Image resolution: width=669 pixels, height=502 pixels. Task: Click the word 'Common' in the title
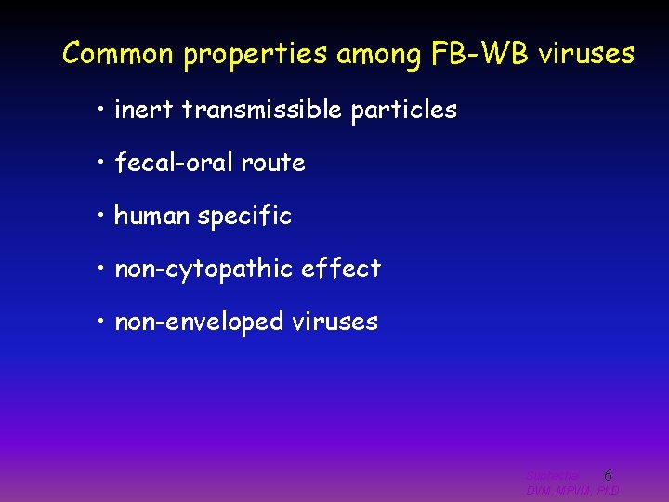click(119, 54)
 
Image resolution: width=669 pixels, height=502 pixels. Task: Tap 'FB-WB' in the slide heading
click(478, 54)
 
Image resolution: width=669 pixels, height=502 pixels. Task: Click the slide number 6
click(608, 475)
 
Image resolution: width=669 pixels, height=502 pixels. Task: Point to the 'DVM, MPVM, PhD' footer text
click(572, 490)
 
